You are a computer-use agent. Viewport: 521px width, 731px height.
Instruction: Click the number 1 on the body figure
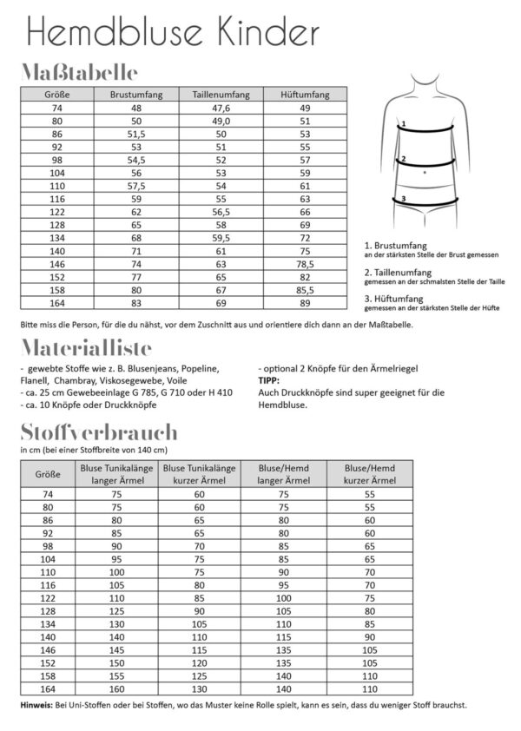[x=404, y=124]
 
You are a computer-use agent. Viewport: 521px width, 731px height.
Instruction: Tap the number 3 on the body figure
[x=403, y=199]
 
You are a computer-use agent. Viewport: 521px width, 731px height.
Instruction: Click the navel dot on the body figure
[x=425, y=174]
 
